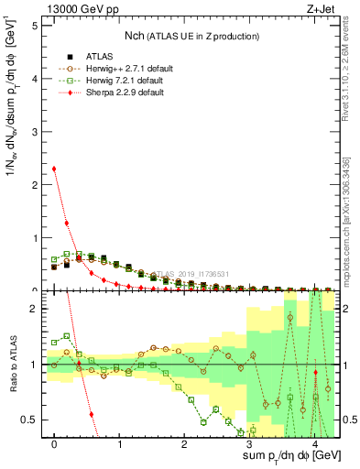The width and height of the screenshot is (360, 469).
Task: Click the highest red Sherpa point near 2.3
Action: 54,169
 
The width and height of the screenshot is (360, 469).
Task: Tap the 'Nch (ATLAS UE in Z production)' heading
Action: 192,35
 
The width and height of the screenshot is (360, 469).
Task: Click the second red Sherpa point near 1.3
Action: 67,224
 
